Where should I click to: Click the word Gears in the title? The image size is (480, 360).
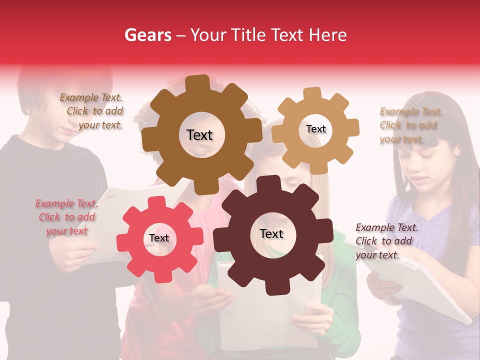tap(147, 35)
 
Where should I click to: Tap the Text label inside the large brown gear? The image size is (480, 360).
tap(200, 135)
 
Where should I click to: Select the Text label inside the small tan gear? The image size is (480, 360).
tap(316, 129)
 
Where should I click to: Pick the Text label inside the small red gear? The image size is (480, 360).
tap(159, 238)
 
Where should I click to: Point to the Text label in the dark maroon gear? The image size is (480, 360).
tap(271, 234)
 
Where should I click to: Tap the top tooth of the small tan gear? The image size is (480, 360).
tap(312, 93)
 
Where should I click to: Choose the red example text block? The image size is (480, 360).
tap(66, 217)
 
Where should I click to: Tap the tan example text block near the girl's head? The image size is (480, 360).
tap(410, 125)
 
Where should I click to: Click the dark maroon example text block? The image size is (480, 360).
tap(385, 241)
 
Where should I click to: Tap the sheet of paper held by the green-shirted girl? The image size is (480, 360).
tap(270, 315)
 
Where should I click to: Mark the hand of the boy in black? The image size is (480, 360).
tap(75, 250)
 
